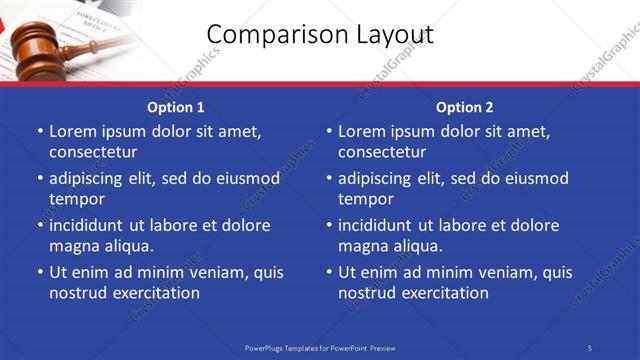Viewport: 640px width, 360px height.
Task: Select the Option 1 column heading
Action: click(x=175, y=106)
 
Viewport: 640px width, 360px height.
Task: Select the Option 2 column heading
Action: click(x=464, y=106)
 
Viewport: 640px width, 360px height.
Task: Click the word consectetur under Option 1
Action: click(x=93, y=152)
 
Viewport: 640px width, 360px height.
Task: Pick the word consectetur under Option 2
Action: click(x=382, y=152)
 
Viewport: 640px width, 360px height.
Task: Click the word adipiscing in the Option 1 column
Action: click(x=90, y=179)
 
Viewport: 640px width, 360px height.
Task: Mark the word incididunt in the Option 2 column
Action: click(x=379, y=226)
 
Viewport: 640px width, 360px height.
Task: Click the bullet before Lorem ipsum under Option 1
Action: click(x=39, y=131)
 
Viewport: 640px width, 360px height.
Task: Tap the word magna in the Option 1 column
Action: click(x=73, y=246)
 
